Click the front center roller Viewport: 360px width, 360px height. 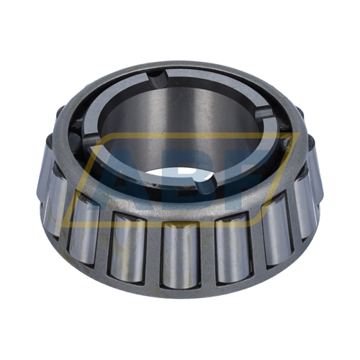pos(180,256)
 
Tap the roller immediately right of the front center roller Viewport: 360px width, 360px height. pos(230,248)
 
